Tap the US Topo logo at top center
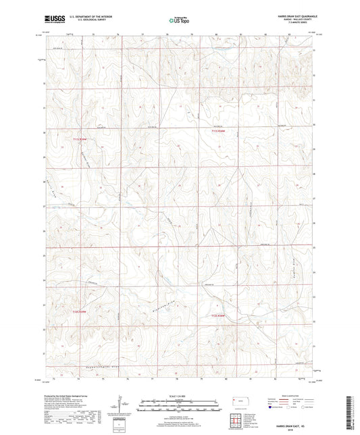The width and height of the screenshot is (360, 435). [x=178, y=20]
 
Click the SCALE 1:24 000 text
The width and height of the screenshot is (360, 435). [x=178, y=396]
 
